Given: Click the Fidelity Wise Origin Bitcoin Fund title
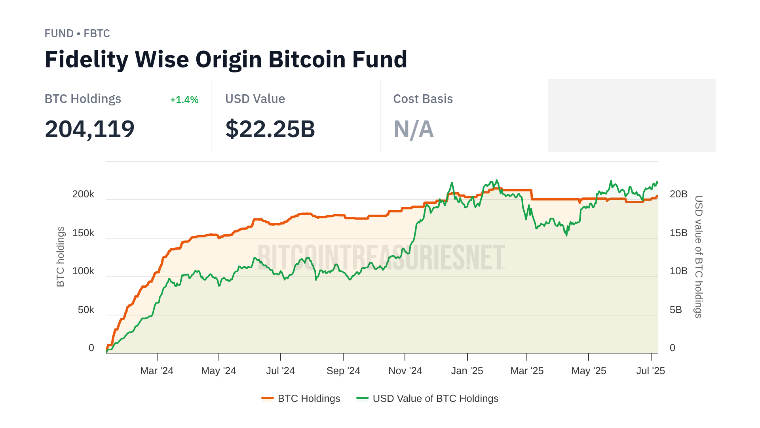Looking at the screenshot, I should pyautogui.click(x=226, y=59).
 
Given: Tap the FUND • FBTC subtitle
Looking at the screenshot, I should pyautogui.click(x=77, y=34).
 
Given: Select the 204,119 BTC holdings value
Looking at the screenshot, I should pyautogui.click(x=89, y=129).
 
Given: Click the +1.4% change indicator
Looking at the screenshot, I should pyautogui.click(x=184, y=100).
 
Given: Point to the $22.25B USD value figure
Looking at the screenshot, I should pyautogui.click(x=270, y=129).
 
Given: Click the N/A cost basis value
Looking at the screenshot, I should pyautogui.click(x=414, y=129).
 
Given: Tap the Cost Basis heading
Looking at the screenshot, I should pyautogui.click(x=423, y=99).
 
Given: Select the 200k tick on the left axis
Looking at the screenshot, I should pyautogui.click(x=83, y=194).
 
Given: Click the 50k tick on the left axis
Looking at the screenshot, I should pyautogui.click(x=86, y=310).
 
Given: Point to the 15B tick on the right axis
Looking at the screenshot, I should pyautogui.click(x=678, y=233).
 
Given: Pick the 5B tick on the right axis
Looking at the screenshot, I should pyautogui.click(x=676, y=310).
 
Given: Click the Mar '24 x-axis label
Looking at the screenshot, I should pyautogui.click(x=157, y=371).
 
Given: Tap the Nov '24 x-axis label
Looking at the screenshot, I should pyautogui.click(x=405, y=371).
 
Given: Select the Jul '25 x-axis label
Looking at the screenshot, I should pyautogui.click(x=650, y=371).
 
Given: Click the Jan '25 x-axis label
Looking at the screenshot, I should pyautogui.click(x=467, y=371).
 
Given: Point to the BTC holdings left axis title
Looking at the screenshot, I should pyautogui.click(x=60, y=257).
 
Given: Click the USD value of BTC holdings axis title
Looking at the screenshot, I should pyautogui.click(x=699, y=257).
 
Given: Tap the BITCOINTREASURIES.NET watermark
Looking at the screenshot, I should pyautogui.click(x=381, y=258).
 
